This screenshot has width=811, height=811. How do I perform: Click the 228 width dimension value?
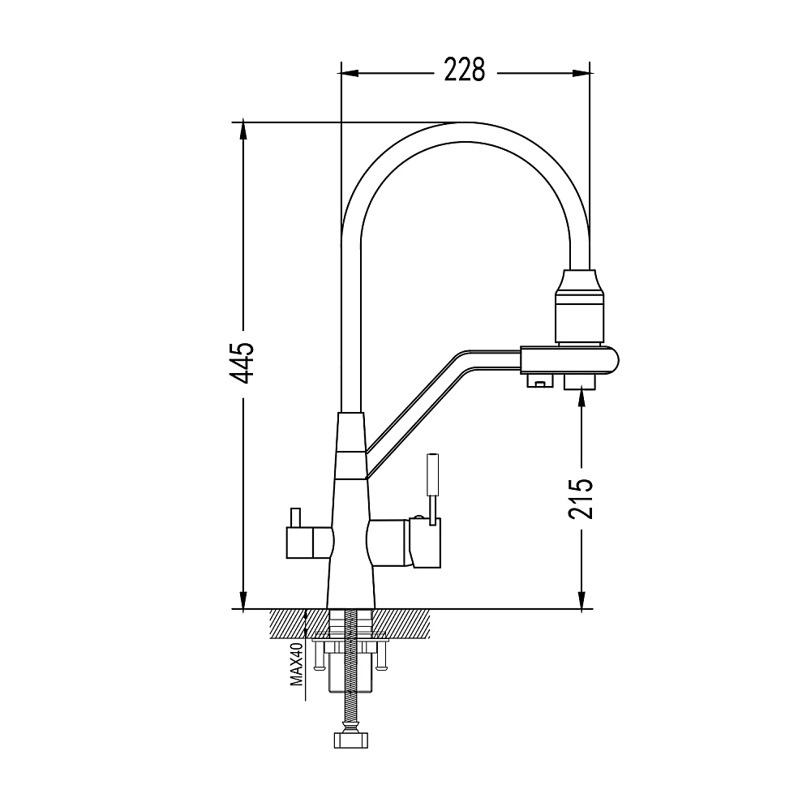465,71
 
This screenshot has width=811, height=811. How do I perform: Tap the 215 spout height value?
581,498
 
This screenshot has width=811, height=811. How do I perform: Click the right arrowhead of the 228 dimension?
581,74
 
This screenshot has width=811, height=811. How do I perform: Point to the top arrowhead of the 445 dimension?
242,131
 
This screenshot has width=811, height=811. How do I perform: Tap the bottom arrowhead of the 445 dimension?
242,600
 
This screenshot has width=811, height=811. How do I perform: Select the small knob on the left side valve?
295,517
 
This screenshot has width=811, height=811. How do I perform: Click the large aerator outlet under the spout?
581,382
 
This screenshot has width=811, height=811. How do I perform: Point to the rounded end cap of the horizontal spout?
611,360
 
